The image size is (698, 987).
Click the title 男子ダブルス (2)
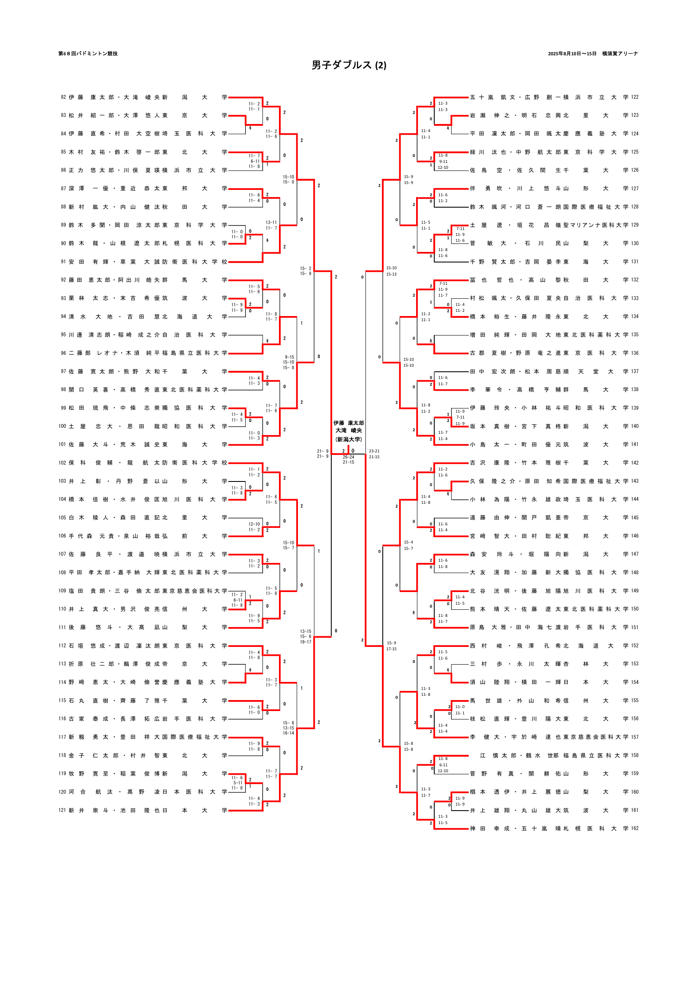pyautogui.click(x=349, y=65)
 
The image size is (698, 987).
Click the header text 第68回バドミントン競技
pyautogui.click(x=88, y=54)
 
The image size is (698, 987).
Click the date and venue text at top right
pyautogui.click(x=592, y=54)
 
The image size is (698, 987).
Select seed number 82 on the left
pyautogui.click(x=63, y=97)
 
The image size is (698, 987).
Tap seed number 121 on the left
pyautogui.click(x=62, y=810)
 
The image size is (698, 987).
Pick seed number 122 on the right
pyautogui.click(x=634, y=97)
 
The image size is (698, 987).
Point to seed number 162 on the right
pyautogui.click(x=634, y=828)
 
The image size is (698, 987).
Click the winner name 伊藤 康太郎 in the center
pyautogui.click(x=349, y=423)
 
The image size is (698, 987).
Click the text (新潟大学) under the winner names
pyautogui.click(x=349, y=439)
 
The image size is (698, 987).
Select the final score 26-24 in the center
pyautogui.click(x=349, y=457)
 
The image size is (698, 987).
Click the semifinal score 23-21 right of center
pyautogui.click(x=374, y=451)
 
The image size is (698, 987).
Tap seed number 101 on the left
pyautogui.click(x=62, y=444)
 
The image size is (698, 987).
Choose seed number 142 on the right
pyautogui.click(x=634, y=463)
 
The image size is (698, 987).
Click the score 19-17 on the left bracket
pyautogui.click(x=306, y=642)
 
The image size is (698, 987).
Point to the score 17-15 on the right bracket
pyautogui.click(x=391, y=649)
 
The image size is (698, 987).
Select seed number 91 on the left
pyautogui.click(x=63, y=262)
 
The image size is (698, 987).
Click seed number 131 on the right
pyautogui.click(x=634, y=262)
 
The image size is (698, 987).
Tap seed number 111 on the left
pyautogui.click(x=62, y=627)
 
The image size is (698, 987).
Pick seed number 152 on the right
pyautogui.click(x=634, y=646)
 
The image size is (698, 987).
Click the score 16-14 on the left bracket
pyautogui.click(x=288, y=733)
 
